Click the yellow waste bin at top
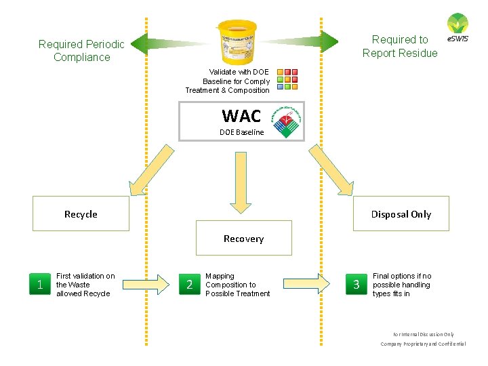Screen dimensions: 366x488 point(237,41)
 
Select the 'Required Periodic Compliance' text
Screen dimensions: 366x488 point(81,51)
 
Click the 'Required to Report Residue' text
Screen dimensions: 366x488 point(400,46)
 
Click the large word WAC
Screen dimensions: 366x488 point(241,116)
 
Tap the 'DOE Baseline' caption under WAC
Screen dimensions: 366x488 point(241,132)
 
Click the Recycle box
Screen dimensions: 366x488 point(81,214)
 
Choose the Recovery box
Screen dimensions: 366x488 point(243,238)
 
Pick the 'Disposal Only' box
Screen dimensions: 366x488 point(401,214)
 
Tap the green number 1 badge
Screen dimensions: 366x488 point(41,285)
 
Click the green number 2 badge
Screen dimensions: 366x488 point(189,285)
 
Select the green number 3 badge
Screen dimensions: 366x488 point(357,285)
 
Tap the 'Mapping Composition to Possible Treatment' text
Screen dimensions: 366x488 point(237,285)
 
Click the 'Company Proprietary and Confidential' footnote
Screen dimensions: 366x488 point(423,344)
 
